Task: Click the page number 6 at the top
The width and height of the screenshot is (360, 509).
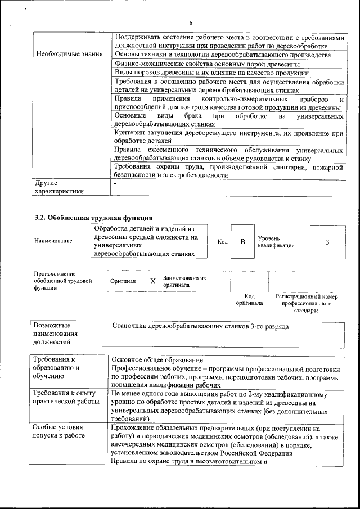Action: pyautogui.click(x=191, y=23)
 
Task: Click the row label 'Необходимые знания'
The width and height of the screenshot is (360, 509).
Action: pyautogui.click(x=69, y=55)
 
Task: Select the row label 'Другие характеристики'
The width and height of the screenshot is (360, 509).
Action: pyautogui.click(x=59, y=187)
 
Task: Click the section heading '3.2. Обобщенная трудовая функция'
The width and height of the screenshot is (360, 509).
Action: pyautogui.click(x=93, y=218)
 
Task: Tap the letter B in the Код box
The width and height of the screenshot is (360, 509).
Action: pyautogui.click(x=242, y=241)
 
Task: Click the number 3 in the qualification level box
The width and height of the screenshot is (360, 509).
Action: pyautogui.click(x=327, y=241)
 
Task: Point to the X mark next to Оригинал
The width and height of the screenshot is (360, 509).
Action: pyautogui.click(x=152, y=281)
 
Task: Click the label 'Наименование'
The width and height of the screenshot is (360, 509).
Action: pyautogui.click(x=53, y=241)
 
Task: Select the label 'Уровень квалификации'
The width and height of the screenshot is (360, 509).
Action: pyautogui.click(x=276, y=242)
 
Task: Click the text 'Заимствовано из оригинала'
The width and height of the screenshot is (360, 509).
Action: pyautogui.click(x=184, y=281)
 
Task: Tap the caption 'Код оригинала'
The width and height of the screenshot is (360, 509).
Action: pyautogui.click(x=249, y=299)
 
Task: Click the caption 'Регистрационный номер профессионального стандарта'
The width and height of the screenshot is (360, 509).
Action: pyautogui.click(x=306, y=303)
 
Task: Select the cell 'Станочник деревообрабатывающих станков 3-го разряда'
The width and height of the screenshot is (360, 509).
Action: pyautogui.click(x=201, y=326)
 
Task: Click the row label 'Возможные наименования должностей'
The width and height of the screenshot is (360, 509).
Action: pyautogui.click(x=56, y=334)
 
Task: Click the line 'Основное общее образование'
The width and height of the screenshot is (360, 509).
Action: pyautogui.click(x=157, y=360)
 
